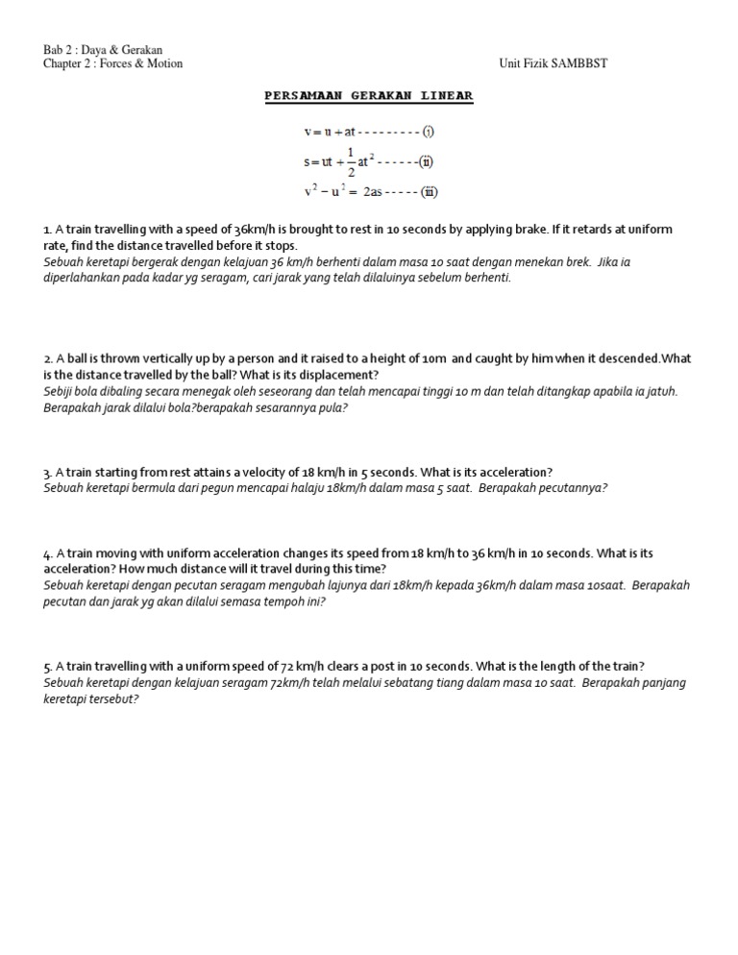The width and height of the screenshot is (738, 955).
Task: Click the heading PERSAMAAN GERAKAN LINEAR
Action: [369, 97]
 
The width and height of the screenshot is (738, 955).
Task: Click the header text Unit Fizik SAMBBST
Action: [553, 63]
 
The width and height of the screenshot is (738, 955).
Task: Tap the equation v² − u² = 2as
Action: [343, 191]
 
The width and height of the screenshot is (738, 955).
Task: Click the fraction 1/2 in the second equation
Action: [350, 161]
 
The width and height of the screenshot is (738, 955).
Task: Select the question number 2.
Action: [47, 359]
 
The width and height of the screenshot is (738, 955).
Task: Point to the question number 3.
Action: [47, 473]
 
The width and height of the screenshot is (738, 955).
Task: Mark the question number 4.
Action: [47, 553]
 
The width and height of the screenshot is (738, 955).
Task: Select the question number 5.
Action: [47, 667]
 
